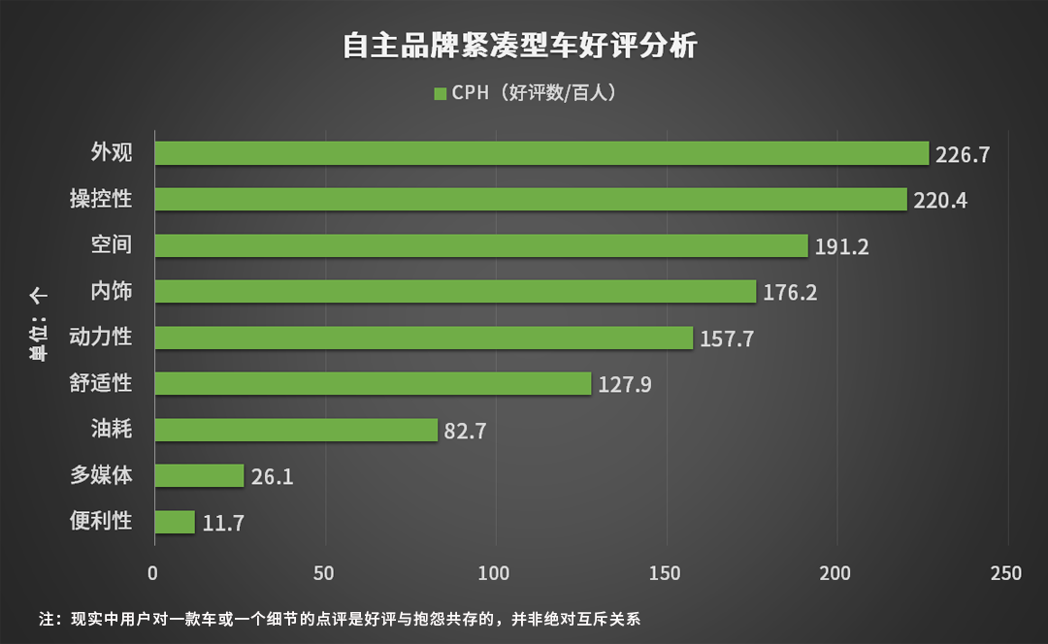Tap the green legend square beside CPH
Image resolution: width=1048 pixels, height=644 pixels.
click(440, 94)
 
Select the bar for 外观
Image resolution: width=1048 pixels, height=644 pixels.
click(541, 153)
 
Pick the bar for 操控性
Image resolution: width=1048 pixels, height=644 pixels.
click(530, 200)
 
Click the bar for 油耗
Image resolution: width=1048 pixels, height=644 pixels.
click(296, 430)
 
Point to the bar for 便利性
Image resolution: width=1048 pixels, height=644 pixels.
click(175, 522)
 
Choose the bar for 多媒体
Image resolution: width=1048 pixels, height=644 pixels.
click(199, 475)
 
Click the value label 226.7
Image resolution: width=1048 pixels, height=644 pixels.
click(963, 154)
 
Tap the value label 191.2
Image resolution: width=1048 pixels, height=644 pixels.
click(841, 246)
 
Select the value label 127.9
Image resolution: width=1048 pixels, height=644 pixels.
click(624, 384)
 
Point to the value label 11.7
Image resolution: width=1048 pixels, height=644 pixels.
click(223, 523)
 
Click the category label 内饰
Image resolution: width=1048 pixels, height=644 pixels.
click(112, 291)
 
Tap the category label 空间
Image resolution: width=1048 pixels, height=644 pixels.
click(112, 244)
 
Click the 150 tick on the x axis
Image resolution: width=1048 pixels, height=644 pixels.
click(666, 573)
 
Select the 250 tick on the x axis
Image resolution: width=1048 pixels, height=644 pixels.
click(1006, 573)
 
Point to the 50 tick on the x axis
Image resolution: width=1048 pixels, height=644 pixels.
click(324, 573)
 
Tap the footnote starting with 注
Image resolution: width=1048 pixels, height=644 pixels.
click(340, 618)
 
